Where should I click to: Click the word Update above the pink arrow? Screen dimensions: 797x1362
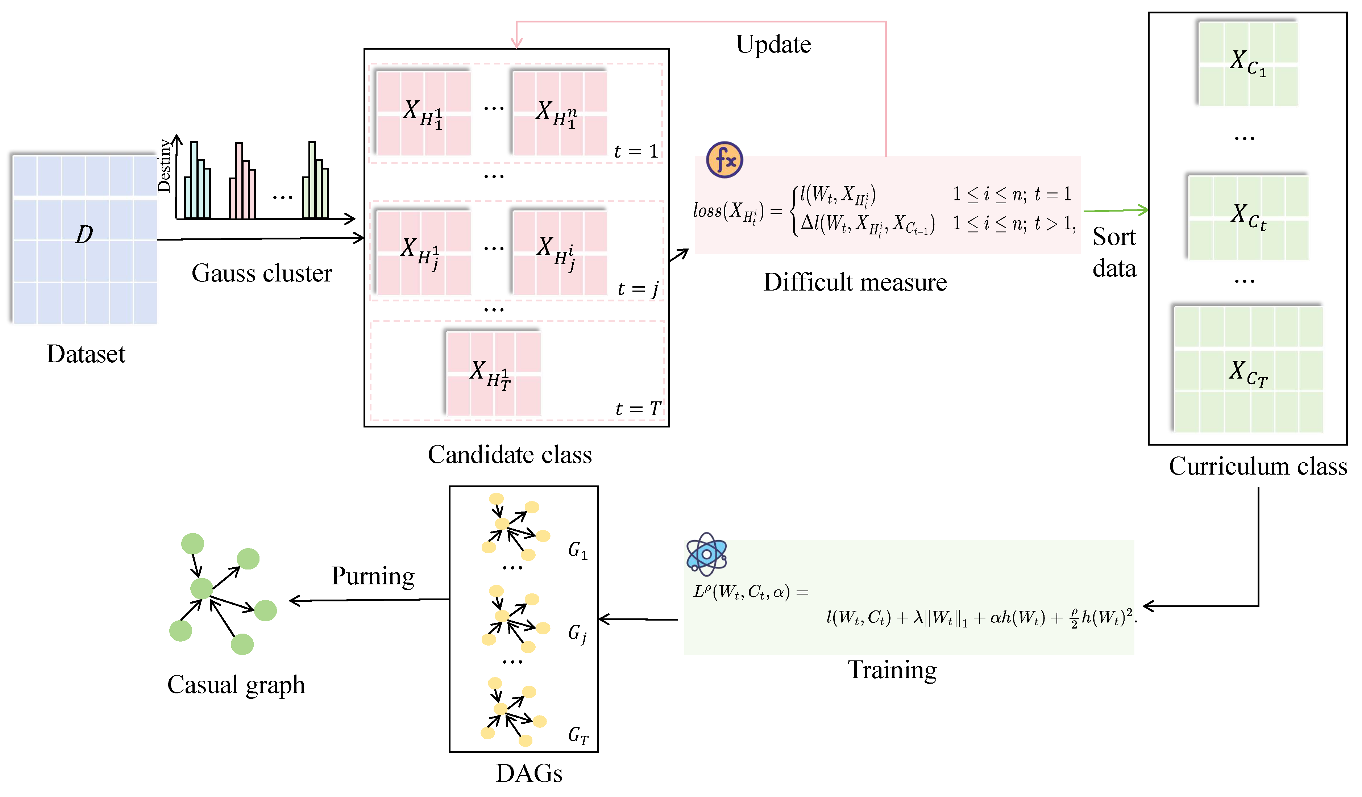point(773,44)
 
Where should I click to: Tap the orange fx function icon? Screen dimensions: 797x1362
point(724,160)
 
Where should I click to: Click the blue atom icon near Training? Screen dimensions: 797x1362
point(706,554)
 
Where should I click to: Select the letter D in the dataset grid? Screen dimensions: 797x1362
point(84,234)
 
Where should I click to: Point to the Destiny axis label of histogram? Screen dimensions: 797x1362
point(164,166)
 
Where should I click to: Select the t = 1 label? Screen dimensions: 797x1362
point(636,151)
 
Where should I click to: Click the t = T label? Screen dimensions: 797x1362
point(638,409)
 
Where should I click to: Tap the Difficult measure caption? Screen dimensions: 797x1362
point(855,283)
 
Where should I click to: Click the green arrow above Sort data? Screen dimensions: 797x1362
point(1116,210)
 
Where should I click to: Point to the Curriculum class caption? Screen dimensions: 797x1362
point(1258,466)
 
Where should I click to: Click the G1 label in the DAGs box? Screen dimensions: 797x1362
point(577,551)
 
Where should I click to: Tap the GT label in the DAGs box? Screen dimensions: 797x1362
point(578,735)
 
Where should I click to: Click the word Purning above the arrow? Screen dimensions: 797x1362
point(373,576)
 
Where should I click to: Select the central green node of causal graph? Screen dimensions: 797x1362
point(202,588)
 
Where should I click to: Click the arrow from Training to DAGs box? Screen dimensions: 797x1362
point(638,619)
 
